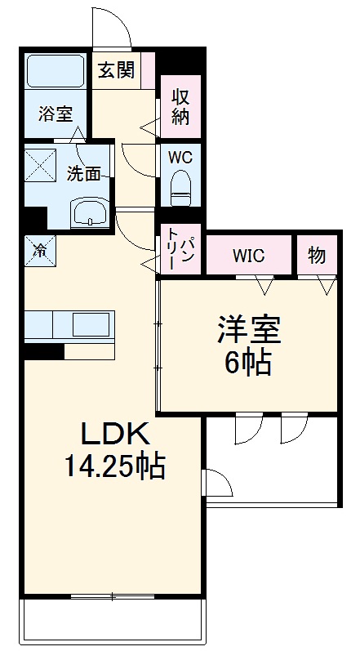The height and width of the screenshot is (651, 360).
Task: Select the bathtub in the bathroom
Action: (x=56, y=71)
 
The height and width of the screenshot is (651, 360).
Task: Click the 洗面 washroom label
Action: (x=84, y=174)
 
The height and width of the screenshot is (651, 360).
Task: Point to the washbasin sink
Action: (x=90, y=213)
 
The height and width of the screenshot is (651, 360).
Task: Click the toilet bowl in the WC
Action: (x=180, y=188)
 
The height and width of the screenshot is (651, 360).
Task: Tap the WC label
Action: (x=180, y=157)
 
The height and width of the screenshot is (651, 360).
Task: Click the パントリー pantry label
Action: (x=180, y=248)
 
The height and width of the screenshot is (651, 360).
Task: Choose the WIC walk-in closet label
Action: (x=248, y=256)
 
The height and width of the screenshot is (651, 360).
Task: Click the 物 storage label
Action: (x=317, y=256)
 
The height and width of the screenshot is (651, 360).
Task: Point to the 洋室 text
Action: (x=248, y=330)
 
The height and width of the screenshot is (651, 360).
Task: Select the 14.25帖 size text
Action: (x=114, y=467)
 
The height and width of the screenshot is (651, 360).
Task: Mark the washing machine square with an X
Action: (x=41, y=163)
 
